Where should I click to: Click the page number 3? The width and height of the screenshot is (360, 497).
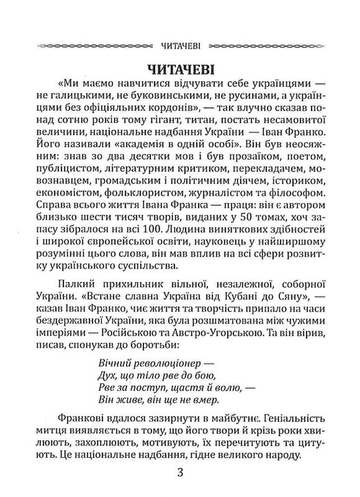(x=180, y=479)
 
